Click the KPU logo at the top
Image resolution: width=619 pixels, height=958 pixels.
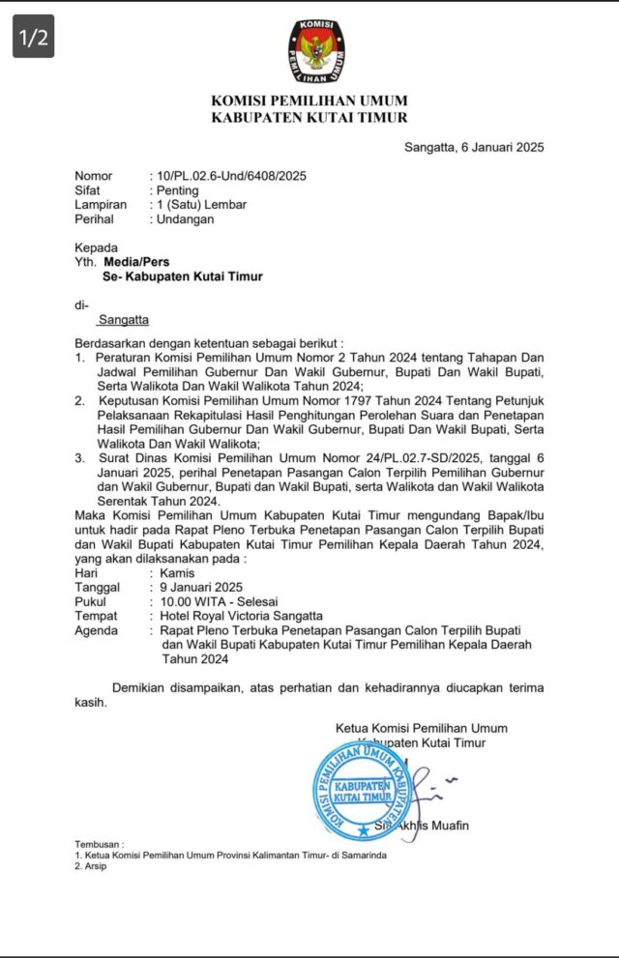tap(309, 52)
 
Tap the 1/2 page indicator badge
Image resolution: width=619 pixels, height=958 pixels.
tap(33, 38)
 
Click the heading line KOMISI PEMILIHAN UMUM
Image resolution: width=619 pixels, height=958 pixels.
tap(309, 101)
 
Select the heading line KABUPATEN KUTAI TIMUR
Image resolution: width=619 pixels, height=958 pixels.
tap(309, 118)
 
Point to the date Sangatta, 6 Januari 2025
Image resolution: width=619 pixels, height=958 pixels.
tap(474, 148)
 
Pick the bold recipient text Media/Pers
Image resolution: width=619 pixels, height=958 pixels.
tap(136, 261)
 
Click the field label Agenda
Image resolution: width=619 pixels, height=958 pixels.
tap(98, 630)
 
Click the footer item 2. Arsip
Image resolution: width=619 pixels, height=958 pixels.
tap(91, 866)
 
